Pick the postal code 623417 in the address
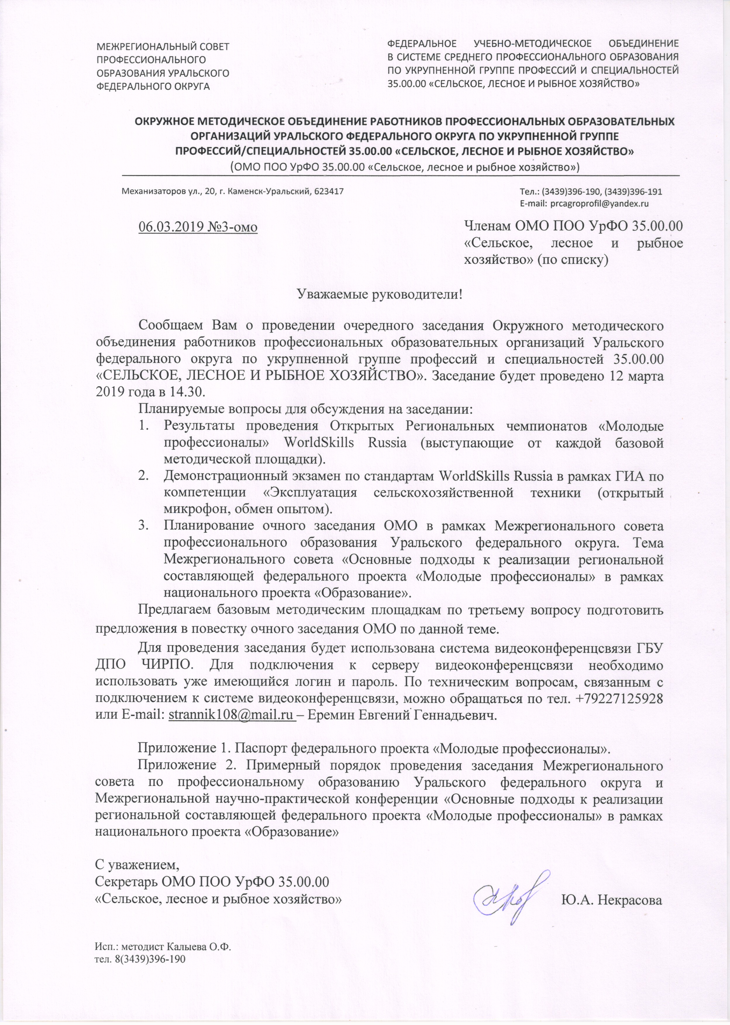[x=330, y=191]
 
